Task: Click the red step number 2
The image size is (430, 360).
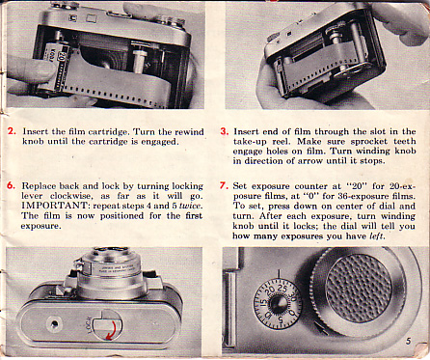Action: coord(12,131)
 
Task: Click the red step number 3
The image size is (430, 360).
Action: coord(225,131)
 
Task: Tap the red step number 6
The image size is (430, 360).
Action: coord(11,185)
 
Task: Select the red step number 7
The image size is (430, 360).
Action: coord(224,185)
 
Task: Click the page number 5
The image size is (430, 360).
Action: coord(408,341)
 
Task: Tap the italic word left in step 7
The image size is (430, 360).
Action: coord(376,235)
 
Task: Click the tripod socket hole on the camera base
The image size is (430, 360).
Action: coord(54,324)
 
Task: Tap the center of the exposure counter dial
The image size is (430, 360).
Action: coord(278,303)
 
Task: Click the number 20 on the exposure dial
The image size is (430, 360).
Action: coord(271,290)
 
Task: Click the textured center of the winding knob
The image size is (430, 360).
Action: coord(358,288)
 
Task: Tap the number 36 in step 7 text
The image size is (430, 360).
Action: coord(343,196)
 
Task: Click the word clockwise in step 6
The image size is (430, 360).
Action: coord(71,196)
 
